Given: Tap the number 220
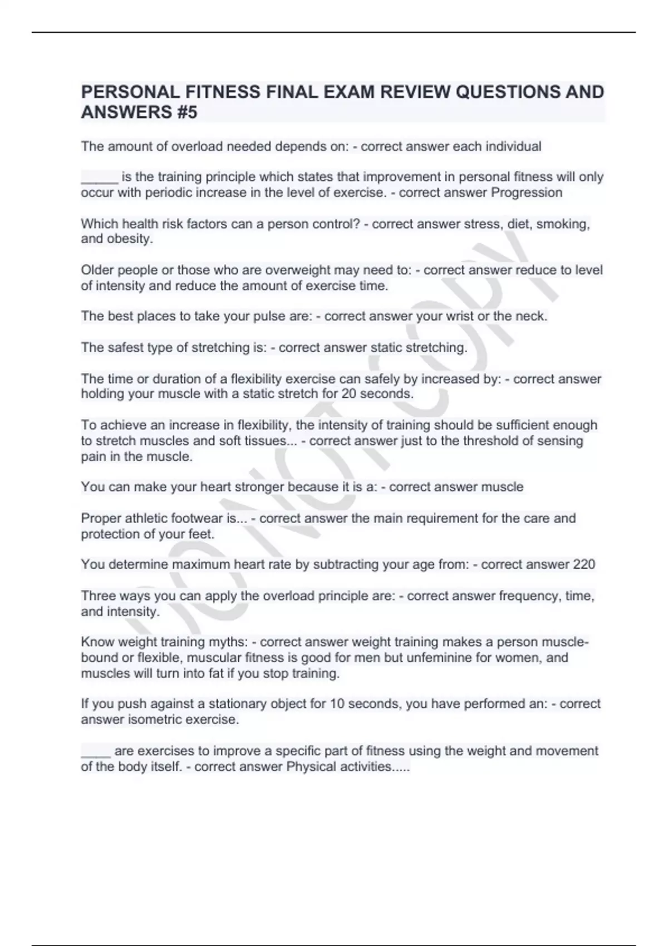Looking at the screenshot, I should [x=584, y=564].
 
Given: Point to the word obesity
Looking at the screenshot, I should [x=129, y=239].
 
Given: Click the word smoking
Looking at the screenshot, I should [x=562, y=224].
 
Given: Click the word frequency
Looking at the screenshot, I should [x=529, y=596].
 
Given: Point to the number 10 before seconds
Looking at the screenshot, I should [x=337, y=704].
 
